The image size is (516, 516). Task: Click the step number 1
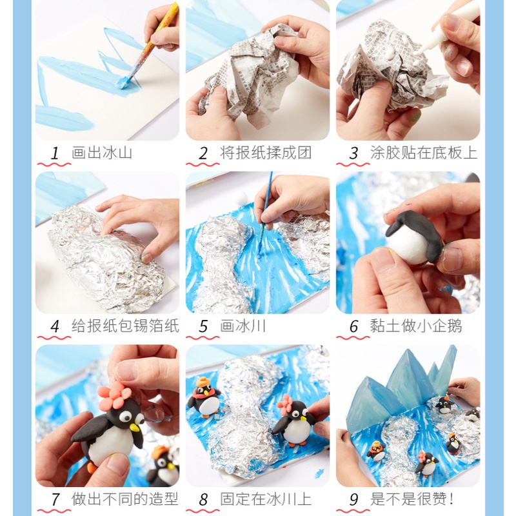click(55, 154)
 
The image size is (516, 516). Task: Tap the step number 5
click(203, 326)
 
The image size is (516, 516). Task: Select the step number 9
click(353, 499)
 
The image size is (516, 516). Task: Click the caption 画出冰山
click(102, 153)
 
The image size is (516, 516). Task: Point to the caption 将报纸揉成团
click(266, 153)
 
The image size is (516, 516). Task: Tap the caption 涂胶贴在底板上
click(424, 153)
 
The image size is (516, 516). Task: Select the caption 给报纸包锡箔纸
click(125, 326)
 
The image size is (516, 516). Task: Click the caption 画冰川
click(243, 326)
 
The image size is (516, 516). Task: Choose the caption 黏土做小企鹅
click(416, 326)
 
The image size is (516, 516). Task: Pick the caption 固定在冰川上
click(266, 499)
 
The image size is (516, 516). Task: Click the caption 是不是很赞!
click(412, 499)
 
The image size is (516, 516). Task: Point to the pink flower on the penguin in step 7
click(115, 395)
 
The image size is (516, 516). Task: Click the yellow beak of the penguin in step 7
click(134, 428)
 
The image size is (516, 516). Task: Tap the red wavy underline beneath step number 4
click(54, 337)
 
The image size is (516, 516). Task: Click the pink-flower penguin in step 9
click(426, 464)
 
